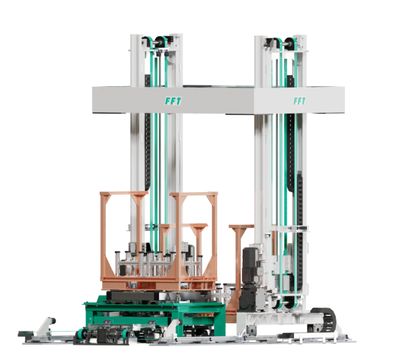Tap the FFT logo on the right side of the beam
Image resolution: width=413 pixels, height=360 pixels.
tap(299, 101)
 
